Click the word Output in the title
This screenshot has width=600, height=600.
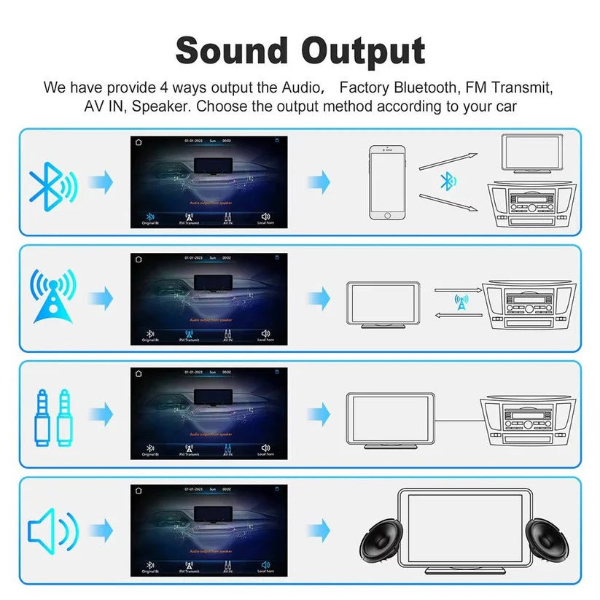coord(364,51)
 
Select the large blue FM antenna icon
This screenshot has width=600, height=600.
coord(52,296)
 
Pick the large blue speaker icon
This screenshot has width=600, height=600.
coord(51,531)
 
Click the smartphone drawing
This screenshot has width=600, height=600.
coord(386,182)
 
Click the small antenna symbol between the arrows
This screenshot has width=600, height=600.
coord(461,300)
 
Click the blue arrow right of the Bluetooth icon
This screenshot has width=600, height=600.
coord(101,182)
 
